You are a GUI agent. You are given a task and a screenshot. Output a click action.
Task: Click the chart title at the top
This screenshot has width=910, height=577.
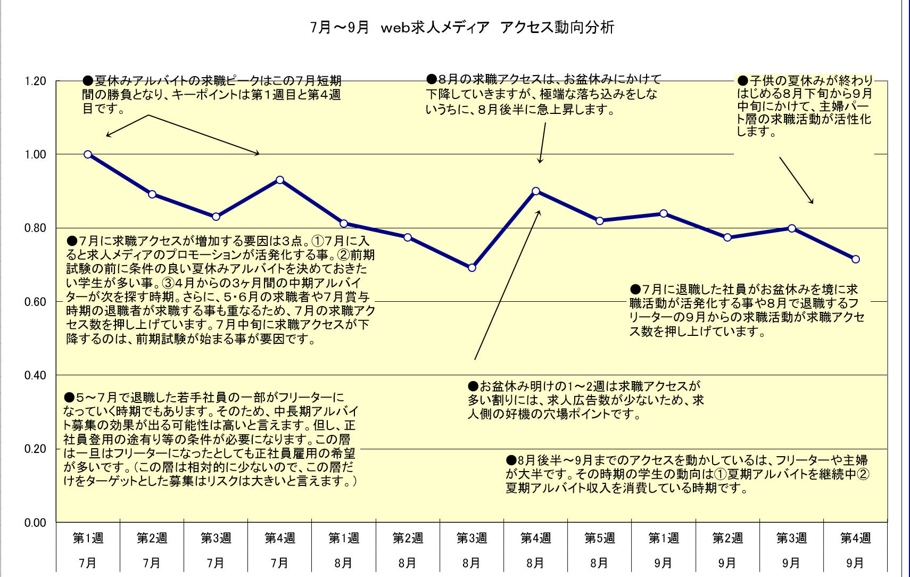(x=462, y=27)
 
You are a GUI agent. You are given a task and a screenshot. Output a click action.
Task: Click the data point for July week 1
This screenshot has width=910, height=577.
(x=88, y=154)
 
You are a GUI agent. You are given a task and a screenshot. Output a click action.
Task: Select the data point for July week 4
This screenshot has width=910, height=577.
(x=280, y=180)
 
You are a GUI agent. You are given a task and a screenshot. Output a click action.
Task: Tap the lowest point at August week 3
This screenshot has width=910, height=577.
(x=472, y=268)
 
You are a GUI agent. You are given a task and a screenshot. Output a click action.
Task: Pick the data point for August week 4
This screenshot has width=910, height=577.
(x=536, y=191)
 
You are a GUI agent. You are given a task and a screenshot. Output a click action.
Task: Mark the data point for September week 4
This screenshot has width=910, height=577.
(x=856, y=259)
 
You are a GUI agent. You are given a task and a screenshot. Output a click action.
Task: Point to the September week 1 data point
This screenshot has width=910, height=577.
(x=664, y=213)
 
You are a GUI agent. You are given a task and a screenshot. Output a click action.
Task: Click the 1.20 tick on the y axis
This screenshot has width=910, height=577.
(x=36, y=81)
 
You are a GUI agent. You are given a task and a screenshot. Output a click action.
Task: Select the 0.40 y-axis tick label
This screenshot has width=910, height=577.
(x=36, y=375)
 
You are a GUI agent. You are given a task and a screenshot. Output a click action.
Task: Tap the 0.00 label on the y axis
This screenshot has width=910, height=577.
(x=36, y=523)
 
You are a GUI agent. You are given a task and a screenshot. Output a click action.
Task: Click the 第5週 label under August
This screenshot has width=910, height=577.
(x=600, y=538)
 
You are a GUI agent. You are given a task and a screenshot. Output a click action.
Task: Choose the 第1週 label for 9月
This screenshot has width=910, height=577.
(x=664, y=538)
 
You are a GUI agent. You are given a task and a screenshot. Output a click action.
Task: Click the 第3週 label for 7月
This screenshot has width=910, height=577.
(x=216, y=538)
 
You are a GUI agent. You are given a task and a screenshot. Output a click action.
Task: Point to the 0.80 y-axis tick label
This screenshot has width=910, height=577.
(x=36, y=228)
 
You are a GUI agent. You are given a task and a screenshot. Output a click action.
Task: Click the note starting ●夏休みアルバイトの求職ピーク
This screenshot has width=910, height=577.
(x=212, y=95)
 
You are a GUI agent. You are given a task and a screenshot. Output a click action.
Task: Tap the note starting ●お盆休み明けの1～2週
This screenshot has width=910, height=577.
(x=585, y=400)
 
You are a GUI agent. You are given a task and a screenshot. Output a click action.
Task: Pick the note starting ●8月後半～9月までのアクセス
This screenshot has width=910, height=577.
(x=686, y=474)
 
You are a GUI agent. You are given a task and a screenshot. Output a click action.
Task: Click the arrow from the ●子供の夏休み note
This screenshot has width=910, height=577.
(x=796, y=180)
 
